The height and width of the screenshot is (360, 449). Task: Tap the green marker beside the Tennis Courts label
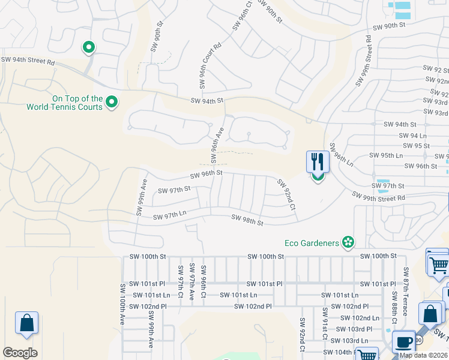point(111,103)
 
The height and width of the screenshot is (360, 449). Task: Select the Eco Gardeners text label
point(312,243)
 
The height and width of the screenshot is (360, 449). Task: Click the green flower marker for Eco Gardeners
point(347,242)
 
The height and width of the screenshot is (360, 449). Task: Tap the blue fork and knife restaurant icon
point(318,162)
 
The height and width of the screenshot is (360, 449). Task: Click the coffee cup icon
point(403,342)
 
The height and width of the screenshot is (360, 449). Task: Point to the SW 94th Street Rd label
point(28,60)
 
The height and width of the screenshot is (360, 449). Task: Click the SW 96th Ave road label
point(217,145)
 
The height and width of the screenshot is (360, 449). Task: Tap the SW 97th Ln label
point(170,215)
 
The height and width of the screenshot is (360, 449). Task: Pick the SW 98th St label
point(247,220)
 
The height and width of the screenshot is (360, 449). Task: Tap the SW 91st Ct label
point(325,322)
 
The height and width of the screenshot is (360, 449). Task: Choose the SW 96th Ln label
point(340,153)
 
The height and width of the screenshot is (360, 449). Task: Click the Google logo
point(20,352)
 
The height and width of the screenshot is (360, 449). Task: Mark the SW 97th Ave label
point(191,281)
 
